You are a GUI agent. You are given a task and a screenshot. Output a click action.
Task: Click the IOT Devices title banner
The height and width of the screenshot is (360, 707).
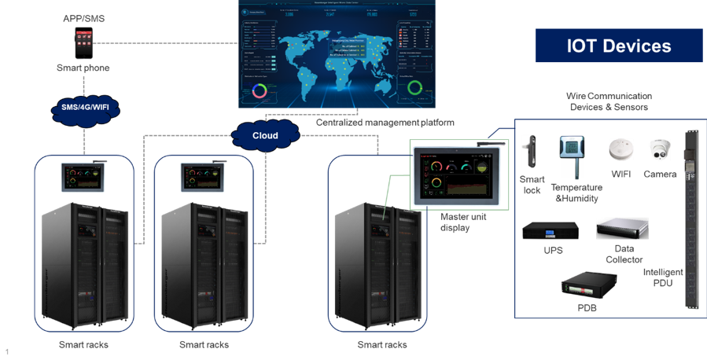tap(619, 46)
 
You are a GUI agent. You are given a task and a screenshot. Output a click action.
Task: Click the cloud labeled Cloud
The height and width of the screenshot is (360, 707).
tap(265, 134)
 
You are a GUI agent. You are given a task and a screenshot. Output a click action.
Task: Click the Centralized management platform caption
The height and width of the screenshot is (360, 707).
tap(385, 123)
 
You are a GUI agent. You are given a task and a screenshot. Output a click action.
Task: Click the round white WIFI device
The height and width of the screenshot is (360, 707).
tap(620, 150)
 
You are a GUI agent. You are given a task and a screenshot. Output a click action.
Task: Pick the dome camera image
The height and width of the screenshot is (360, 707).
tap(659, 149)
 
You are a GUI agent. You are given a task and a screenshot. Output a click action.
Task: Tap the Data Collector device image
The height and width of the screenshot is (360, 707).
tap(622, 229)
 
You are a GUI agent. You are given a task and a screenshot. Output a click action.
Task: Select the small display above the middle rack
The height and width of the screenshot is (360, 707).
tap(203, 175)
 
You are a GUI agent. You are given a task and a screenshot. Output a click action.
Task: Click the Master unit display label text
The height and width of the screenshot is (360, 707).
tap(457, 222)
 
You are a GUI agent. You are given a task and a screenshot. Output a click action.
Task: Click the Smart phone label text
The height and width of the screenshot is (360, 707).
tap(83, 68)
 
